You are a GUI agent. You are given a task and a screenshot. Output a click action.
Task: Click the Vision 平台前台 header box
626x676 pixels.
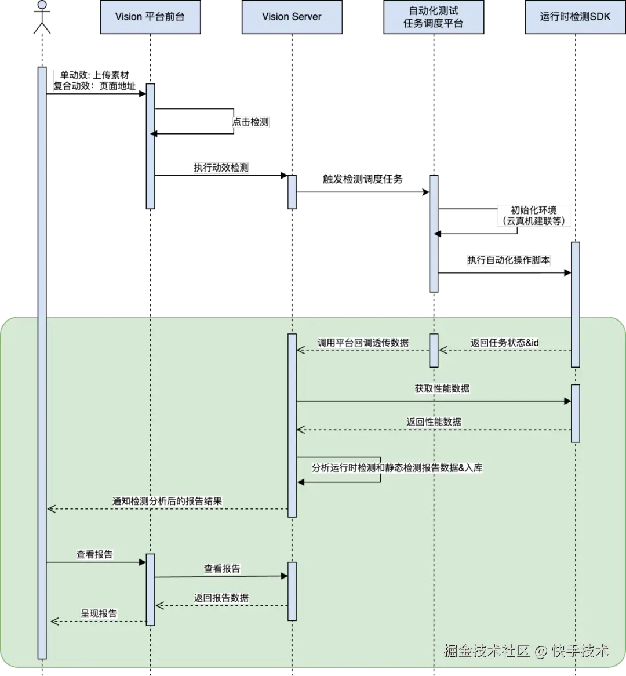coord(150,17)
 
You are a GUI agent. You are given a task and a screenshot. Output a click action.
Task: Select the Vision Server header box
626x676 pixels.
coord(292,17)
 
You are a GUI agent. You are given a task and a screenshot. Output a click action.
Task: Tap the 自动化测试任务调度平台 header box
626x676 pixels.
coord(434,17)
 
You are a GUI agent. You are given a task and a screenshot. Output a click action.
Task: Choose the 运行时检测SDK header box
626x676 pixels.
coord(575,17)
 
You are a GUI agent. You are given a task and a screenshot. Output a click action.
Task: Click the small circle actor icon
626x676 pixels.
coord(42,5)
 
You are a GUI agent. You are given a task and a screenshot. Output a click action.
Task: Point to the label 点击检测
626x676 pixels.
coord(251,122)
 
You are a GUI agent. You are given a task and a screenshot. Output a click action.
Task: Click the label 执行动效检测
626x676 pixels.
coord(221,168)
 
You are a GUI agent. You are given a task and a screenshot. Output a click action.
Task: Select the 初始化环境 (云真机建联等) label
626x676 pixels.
coord(534,215)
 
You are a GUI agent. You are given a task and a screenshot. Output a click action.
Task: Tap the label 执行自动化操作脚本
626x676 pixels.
coord(509,261)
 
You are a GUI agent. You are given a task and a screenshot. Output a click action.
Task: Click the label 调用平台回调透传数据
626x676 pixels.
coord(363,343)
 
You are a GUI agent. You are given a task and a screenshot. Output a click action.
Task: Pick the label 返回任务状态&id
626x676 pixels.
coord(505,343)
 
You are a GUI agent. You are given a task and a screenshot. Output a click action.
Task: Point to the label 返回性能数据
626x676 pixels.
coord(434,421)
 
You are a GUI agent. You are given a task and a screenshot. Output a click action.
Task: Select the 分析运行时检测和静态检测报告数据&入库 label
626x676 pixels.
coord(397,467)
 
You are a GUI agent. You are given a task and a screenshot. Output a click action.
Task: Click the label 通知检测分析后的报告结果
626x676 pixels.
coord(167,501)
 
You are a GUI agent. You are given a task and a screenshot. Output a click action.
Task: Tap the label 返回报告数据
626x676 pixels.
coord(221,598)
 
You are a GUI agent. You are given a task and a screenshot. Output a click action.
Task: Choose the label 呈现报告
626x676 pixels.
coord(99,613)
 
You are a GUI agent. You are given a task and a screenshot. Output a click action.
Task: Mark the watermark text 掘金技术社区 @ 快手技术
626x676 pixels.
coord(526,650)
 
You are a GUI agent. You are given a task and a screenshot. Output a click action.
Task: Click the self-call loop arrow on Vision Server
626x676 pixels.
coord(380,470)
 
